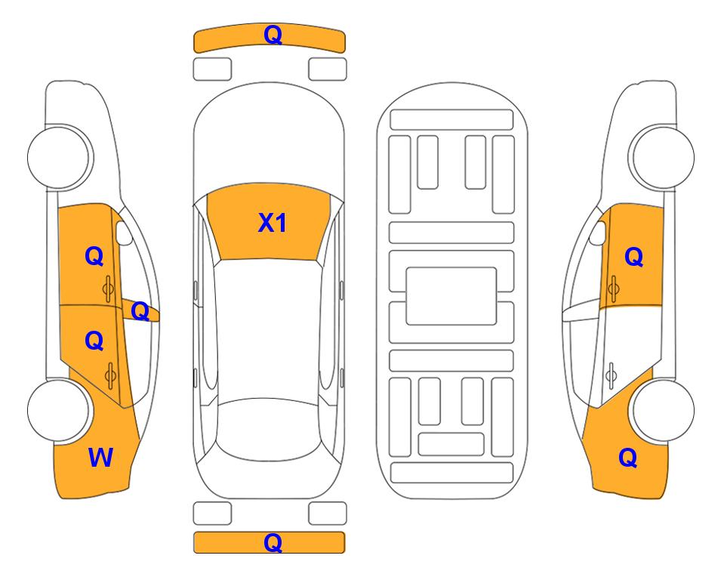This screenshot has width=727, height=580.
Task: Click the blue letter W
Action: (100, 458)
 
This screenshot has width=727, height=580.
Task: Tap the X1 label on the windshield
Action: (273, 223)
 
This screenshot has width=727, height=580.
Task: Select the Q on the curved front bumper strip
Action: (273, 35)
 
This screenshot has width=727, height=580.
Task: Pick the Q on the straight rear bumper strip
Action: (273, 542)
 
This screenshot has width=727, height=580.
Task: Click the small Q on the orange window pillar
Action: (140, 311)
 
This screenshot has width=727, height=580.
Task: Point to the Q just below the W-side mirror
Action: (94, 256)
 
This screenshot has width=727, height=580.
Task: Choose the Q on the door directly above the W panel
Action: (94, 341)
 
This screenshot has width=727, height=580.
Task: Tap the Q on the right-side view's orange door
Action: (634, 257)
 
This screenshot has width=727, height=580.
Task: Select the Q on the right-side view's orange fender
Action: (628, 458)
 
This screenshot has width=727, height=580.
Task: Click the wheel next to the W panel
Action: (59, 410)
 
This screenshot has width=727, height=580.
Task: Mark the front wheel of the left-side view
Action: (59, 158)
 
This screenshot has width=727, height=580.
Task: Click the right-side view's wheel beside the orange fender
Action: (661, 410)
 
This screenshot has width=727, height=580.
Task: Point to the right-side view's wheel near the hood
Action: (661, 158)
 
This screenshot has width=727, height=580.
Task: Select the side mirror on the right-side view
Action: (598, 233)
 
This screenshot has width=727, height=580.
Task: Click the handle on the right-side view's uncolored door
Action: (611, 375)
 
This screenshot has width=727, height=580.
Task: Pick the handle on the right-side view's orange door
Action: (614, 288)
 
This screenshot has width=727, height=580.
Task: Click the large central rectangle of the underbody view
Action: (451, 296)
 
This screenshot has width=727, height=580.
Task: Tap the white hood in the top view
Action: (269, 139)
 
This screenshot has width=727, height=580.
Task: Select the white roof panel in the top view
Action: (269, 329)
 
